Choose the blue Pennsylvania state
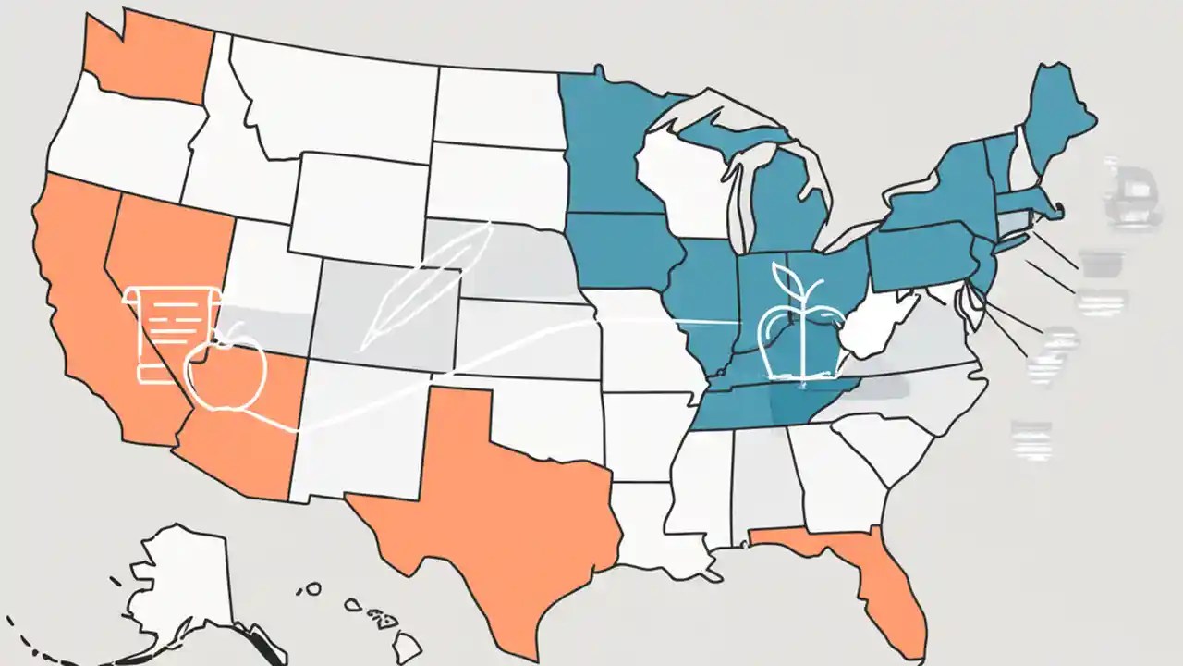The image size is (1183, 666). click(920, 254)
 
